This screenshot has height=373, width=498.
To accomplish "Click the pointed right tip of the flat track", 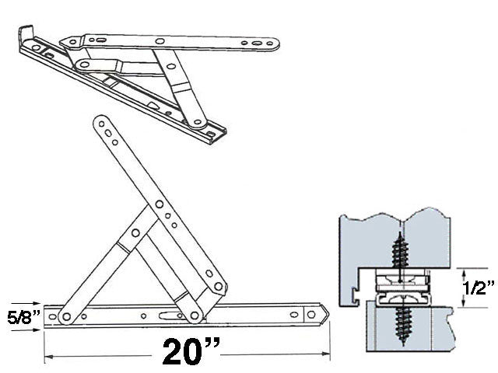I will click(x=327, y=313).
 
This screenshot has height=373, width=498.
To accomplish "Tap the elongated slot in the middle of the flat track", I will click(x=167, y=315).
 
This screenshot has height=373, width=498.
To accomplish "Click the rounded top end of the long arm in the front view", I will click(x=100, y=122).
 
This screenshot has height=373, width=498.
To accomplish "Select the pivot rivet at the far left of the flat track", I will click(x=66, y=316).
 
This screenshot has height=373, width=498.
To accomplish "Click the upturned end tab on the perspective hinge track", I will click(x=26, y=35).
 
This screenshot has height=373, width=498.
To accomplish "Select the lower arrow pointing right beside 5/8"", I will click(x=34, y=328).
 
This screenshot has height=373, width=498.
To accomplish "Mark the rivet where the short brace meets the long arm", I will click(x=135, y=232).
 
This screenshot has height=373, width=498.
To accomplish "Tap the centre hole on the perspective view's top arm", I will click(x=160, y=40).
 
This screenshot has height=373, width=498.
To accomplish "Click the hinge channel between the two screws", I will click(x=402, y=288).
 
